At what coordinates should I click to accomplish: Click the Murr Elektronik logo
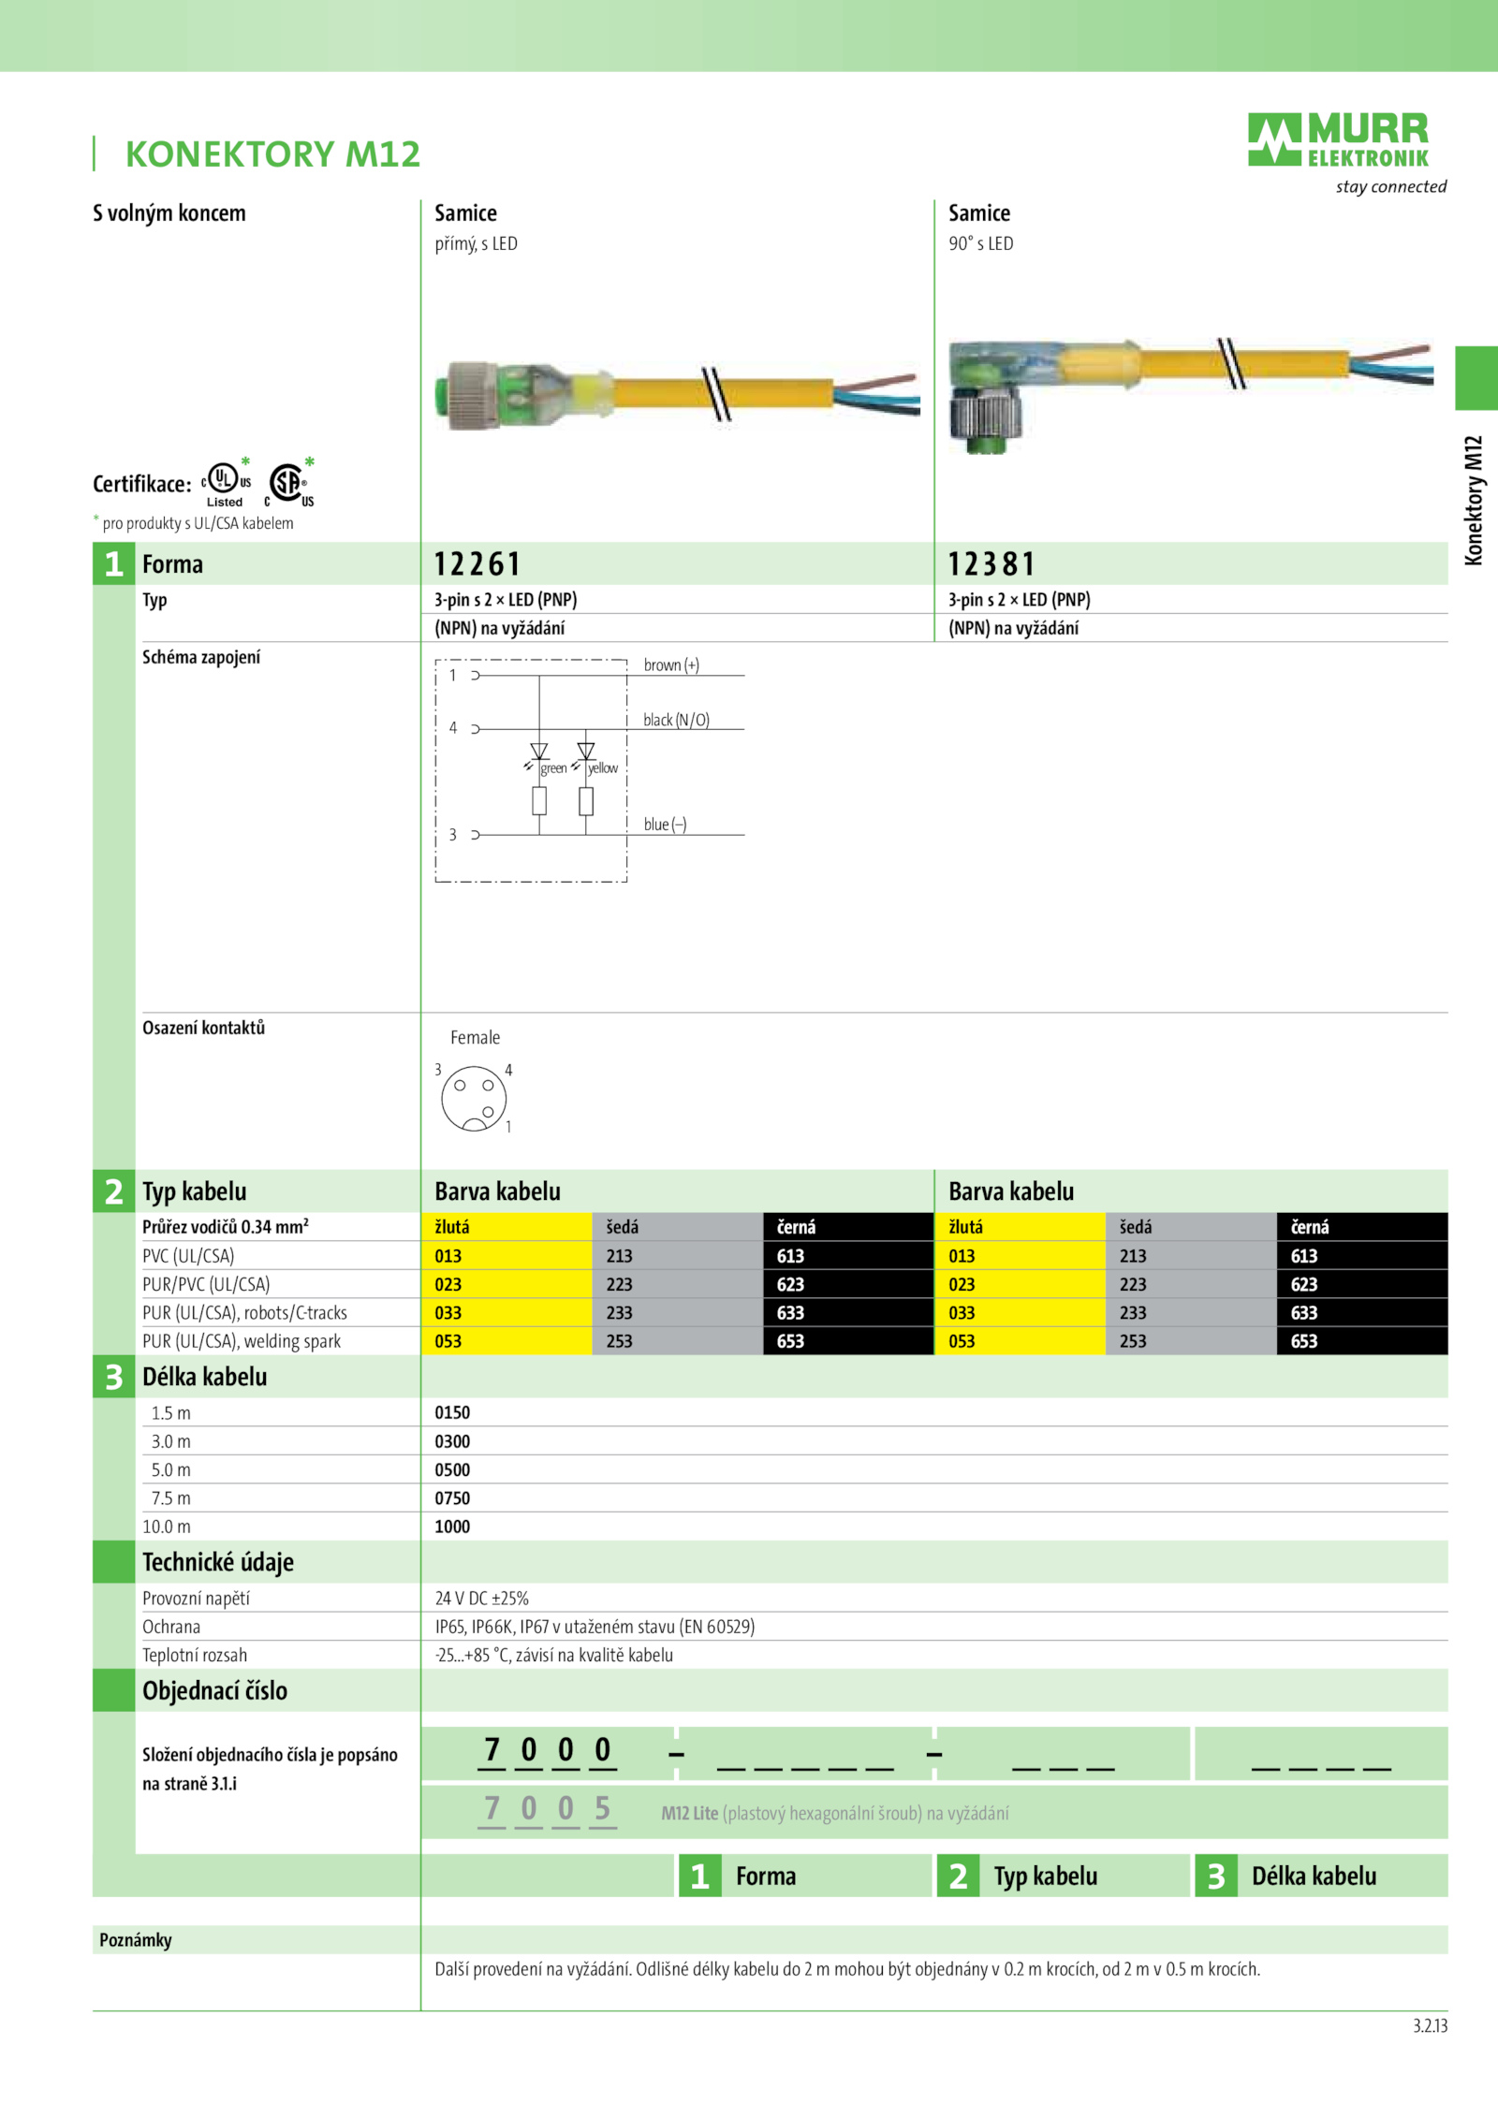(1339, 140)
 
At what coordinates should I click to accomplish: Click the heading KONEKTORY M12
(272, 154)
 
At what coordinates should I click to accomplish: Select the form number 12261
(477, 564)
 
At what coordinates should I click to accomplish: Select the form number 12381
(991, 564)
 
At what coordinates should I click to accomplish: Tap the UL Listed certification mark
(226, 483)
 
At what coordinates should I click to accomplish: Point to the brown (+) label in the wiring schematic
(671, 665)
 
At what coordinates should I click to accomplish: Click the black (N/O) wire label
(676, 720)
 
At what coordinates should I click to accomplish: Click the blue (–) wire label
(665, 825)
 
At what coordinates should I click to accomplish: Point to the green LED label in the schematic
(553, 768)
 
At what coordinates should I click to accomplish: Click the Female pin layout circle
(474, 1098)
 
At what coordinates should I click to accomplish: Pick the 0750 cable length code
(452, 1498)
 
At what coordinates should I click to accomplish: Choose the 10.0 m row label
(167, 1526)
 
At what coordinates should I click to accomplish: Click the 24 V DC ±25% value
(482, 1599)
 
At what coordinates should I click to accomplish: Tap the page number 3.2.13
(1430, 2026)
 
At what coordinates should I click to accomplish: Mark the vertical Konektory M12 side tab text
(1474, 501)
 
